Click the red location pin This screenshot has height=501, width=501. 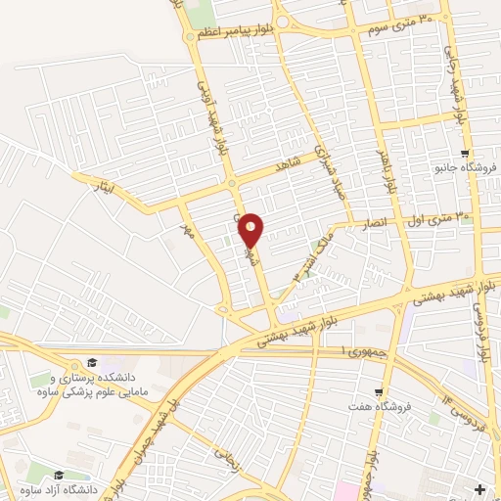(x=251, y=230)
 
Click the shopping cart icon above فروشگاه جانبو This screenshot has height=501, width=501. (x=466, y=153)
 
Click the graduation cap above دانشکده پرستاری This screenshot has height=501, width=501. (x=91, y=361)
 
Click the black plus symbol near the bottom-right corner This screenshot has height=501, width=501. (x=478, y=487)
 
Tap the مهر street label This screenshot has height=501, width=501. (x=188, y=229)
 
